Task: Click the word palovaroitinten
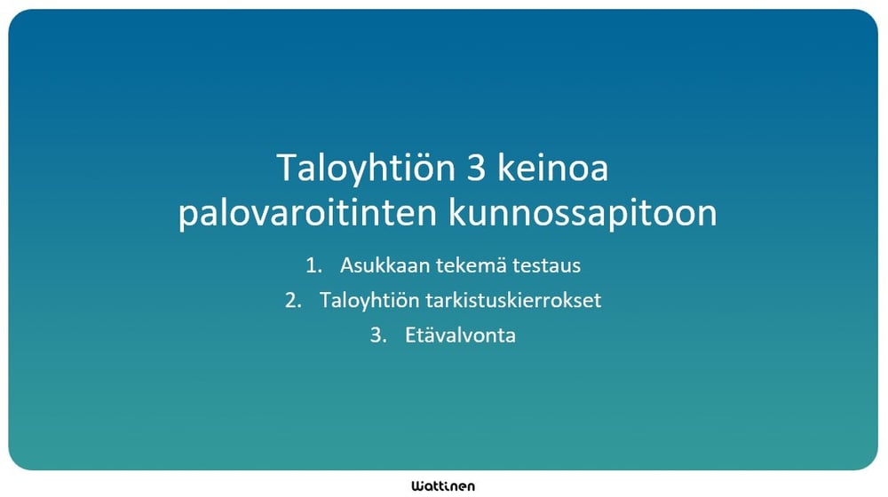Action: pyautogui.click(x=307, y=215)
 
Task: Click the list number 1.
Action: pyautogui.click(x=311, y=264)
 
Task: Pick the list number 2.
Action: pyautogui.click(x=290, y=301)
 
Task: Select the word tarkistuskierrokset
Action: pyautogui.click(x=510, y=301)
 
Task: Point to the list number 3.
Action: pyautogui.click(x=377, y=336)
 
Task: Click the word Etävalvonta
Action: pyautogui.click(x=460, y=336)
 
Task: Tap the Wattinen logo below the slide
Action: pyautogui.click(x=443, y=485)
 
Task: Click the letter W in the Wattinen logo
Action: pyautogui.click(x=417, y=485)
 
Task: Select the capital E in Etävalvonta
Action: pyautogui.click(x=410, y=336)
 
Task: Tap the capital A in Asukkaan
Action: pyautogui.click(x=345, y=264)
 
